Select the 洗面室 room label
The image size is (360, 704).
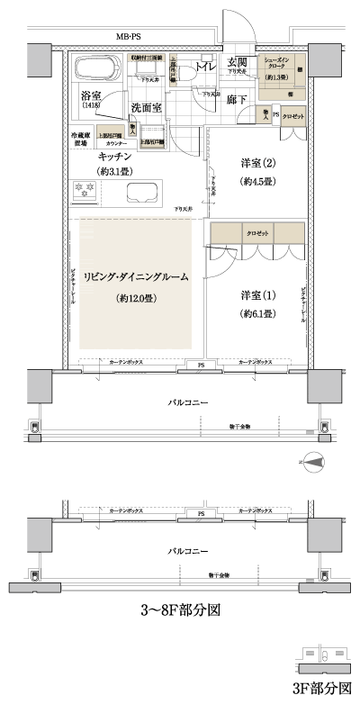tap(146, 108)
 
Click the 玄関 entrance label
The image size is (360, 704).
tap(238, 61)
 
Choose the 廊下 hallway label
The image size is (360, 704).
tap(238, 100)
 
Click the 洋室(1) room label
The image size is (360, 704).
tap(257, 295)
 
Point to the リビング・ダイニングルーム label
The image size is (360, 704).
tap(135, 277)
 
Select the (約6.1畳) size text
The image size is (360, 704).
tap(257, 314)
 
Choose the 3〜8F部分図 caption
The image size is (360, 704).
tap(180, 609)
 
